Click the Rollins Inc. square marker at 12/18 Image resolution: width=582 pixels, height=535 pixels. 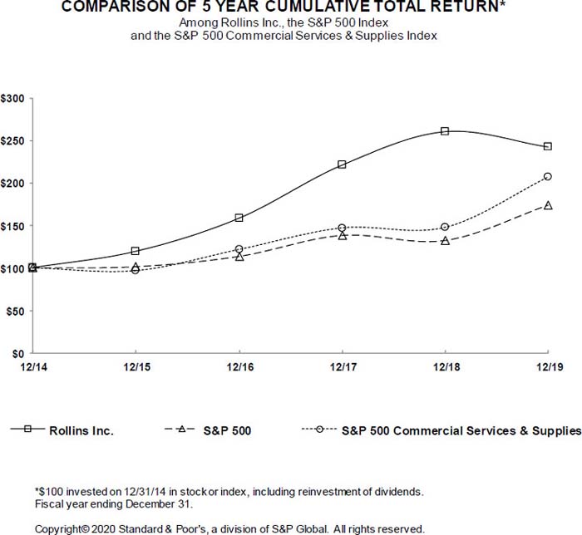click(445, 131)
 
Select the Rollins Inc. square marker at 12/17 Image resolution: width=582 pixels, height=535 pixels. click(342, 164)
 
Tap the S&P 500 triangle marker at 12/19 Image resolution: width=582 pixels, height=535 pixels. click(548, 204)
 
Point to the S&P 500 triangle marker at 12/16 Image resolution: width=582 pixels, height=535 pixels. click(239, 256)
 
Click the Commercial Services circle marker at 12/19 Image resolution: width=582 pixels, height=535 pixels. click(548, 176)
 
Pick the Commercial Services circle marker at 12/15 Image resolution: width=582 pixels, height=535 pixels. click(136, 270)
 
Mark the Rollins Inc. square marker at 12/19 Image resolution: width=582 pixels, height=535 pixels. click(548, 146)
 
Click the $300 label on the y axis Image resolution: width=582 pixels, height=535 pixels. click(12, 98)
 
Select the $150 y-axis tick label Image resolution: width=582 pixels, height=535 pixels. click(12, 225)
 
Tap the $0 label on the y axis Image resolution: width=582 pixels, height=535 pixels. click(17, 353)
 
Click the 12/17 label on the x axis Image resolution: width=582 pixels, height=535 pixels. click(342, 366)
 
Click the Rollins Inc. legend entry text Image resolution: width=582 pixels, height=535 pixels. click(81, 430)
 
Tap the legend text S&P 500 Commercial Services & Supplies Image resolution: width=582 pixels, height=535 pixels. click(461, 430)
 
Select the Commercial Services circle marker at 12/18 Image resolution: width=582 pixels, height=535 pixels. click(445, 227)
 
